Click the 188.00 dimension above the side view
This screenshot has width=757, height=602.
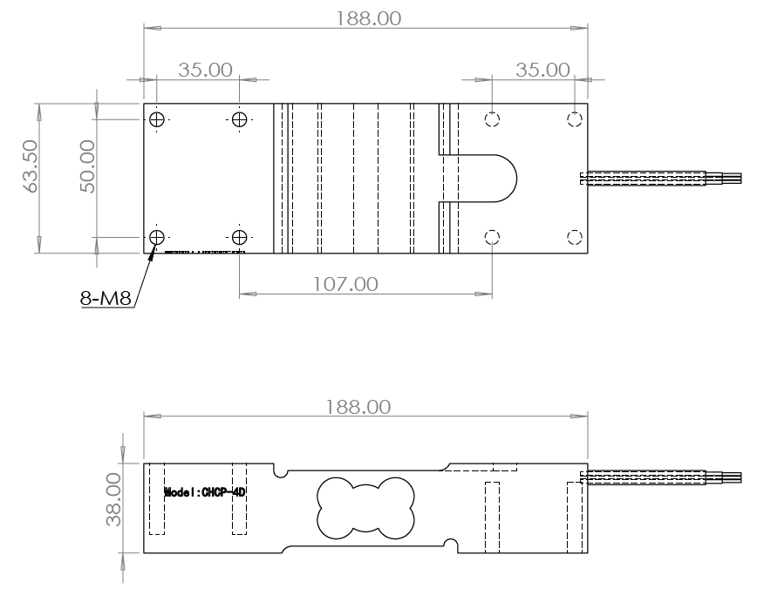(x=366, y=408)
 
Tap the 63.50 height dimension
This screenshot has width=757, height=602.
(x=31, y=178)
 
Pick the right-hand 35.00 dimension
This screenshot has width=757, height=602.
(x=542, y=70)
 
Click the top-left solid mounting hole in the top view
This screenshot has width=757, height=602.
(x=156, y=119)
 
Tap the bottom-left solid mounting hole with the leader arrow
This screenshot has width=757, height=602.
(x=156, y=237)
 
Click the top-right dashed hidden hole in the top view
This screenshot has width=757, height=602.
(x=575, y=118)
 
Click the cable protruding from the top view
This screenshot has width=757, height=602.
(x=663, y=179)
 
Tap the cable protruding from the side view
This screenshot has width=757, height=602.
(x=663, y=477)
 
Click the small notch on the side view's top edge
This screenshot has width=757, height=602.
(x=281, y=471)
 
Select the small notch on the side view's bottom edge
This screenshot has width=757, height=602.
(x=450, y=545)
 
